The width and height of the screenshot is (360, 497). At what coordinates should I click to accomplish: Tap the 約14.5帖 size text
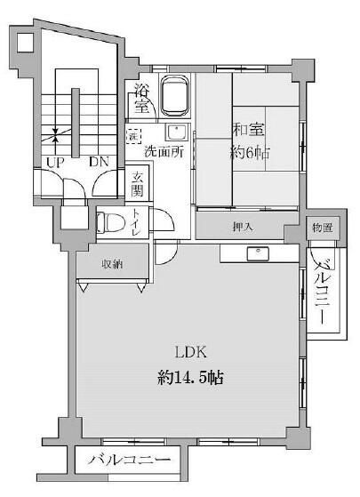[x=188, y=377]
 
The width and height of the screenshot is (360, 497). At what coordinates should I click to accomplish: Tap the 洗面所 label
[x=165, y=152]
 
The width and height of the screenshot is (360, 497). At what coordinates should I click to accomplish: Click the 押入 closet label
[x=243, y=227]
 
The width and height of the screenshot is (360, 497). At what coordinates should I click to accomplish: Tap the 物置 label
[x=322, y=228]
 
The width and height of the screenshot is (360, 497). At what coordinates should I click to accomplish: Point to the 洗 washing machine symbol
[x=133, y=138]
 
